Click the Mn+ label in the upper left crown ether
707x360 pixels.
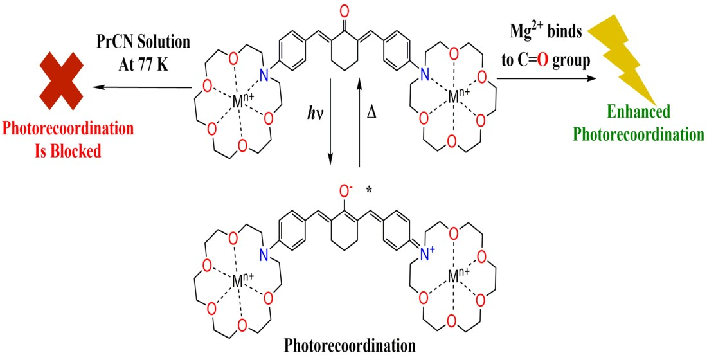[x=244, y=100]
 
